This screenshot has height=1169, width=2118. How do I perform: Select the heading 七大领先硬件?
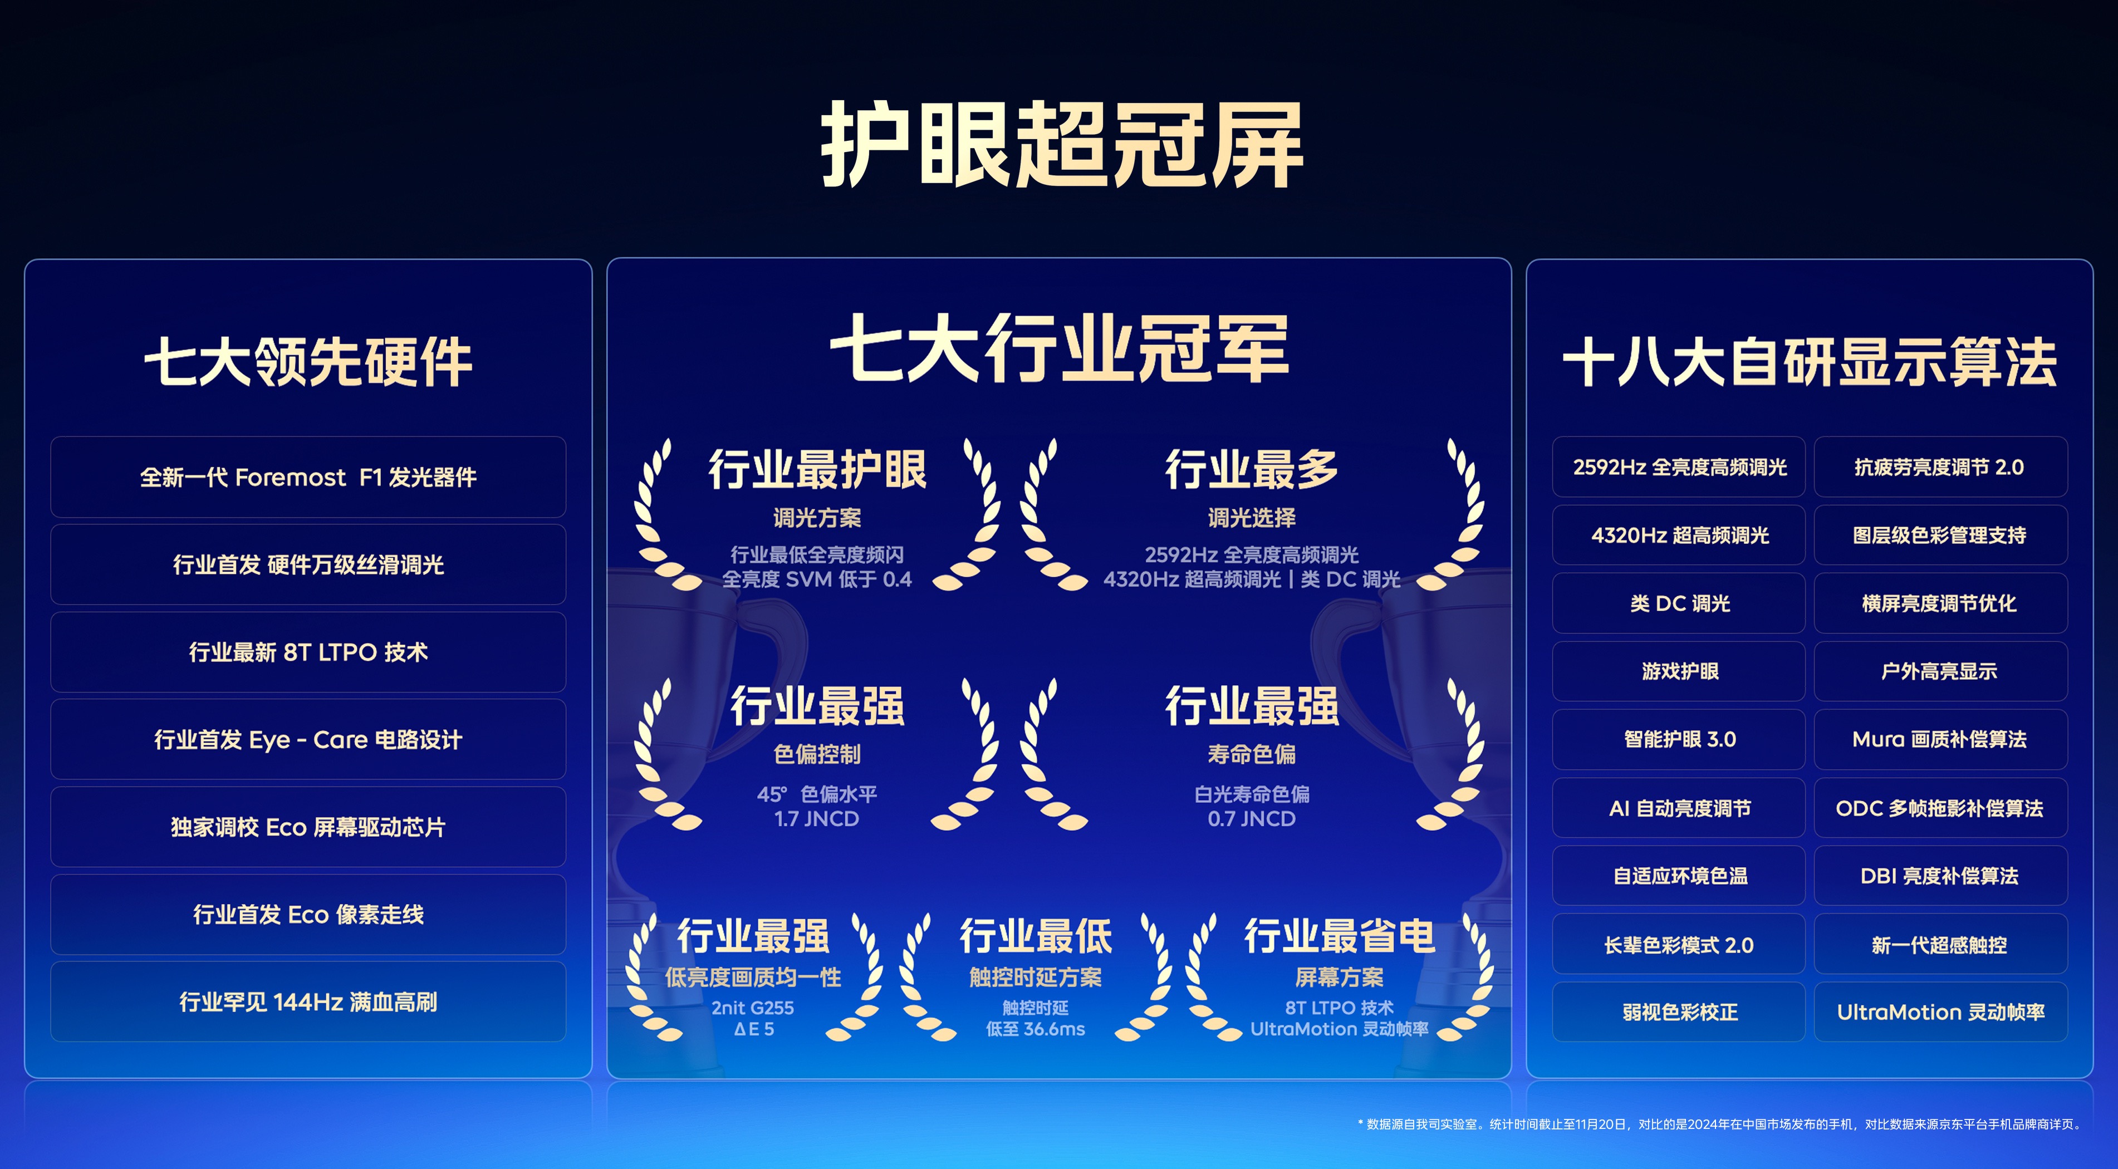pos(308,362)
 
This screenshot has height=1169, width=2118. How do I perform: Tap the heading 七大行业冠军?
pos(1059,348)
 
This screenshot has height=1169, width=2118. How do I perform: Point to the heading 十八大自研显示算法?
pos(1810,362)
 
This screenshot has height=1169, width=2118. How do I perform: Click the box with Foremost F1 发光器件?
pos(308,477)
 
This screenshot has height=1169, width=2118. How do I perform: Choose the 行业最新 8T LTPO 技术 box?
pos(308,652)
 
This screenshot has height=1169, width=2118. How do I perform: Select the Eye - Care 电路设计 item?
pos(308,740)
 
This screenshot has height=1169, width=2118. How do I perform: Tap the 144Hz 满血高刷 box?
pos(308,1002)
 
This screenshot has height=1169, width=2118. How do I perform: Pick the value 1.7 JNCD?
pos(816,819)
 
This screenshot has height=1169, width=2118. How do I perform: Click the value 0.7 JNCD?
pos(1252,819)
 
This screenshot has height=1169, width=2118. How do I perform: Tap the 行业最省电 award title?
pos(1340,936)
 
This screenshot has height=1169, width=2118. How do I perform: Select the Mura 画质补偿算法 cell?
pos(1940,739)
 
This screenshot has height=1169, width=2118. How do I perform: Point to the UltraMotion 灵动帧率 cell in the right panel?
pos(1940,1012)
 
